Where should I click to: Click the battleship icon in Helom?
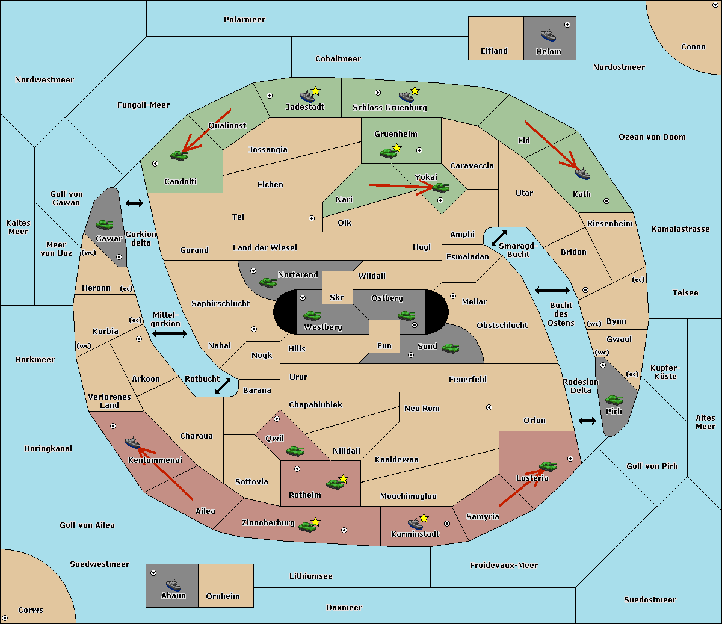click(x=548, y=34)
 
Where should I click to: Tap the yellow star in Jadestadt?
click(x=316, y=91)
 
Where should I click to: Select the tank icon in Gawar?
click(x=105, y=224)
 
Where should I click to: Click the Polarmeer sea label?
click(x=244, y=20)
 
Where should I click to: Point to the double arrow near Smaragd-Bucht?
click(x=499, y=238)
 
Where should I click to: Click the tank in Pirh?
click(x=614, y=400)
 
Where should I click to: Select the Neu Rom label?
click(x=422, y=408)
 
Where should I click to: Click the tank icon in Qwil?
click(x=295, y=451)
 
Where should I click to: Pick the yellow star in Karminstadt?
click(x=424, y=518)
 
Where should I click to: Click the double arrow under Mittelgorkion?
click(x=170, y=333)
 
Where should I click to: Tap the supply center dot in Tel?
click(x=312, y=218)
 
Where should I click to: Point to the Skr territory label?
click(x=337, y=297)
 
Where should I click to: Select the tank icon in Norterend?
click(x=268, y=282)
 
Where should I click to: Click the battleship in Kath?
click(x=582, y=174)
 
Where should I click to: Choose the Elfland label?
click(x=494, y=51)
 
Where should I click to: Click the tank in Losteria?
click(x=548, y=466)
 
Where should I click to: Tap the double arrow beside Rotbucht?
click(x=223, y=386)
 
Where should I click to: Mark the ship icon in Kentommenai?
click(x=132, y=443)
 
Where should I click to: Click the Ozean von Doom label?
click(x=652, y=137)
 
